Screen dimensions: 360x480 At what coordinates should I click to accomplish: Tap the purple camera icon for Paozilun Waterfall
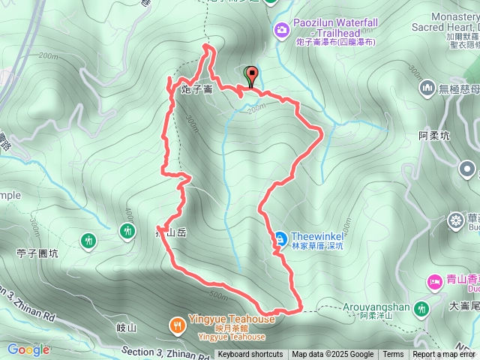(x=281, y=30)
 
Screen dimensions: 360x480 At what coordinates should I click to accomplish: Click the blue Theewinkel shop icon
(x=280, y=238)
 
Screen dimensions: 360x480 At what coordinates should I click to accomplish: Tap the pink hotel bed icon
(x=434, y=281)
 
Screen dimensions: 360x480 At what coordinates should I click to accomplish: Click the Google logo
(x=28, y=349)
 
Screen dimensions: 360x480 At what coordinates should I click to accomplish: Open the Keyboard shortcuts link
(x=250, y=355)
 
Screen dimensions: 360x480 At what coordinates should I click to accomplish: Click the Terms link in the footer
(x=393, y=355)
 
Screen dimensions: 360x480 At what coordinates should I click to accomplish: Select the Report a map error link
(x=444, y=355)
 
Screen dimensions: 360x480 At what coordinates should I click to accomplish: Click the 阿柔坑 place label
(x=434, y=136)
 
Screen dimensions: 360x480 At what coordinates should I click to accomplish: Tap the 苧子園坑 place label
(x=37, y=253)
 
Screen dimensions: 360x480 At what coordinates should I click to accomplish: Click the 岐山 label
(x=127, y=328)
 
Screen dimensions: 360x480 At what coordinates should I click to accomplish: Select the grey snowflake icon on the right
(x=455, y=220)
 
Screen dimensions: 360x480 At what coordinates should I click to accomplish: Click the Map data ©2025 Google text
(x=333, y=355)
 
